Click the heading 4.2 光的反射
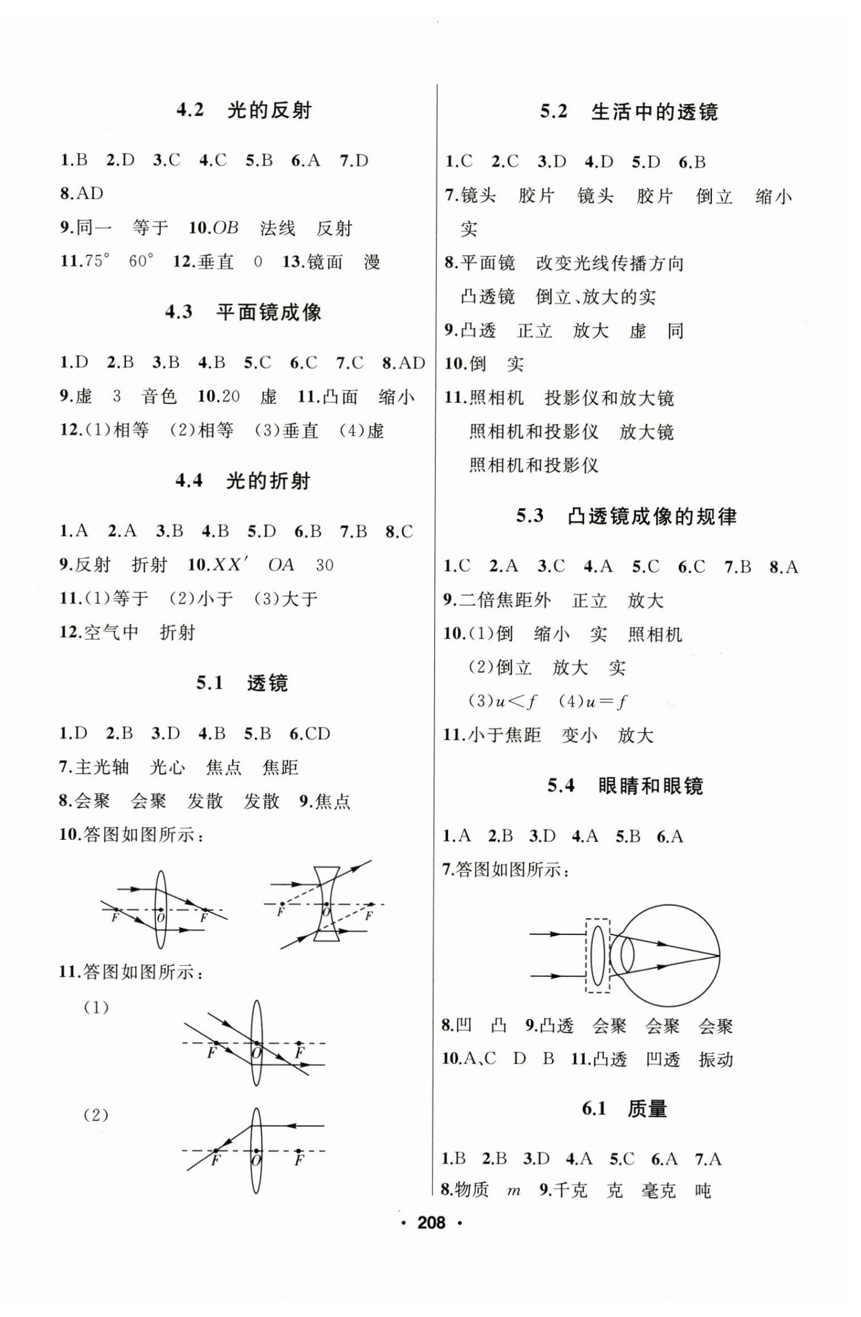[x=244, y=110]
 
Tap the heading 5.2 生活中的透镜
[x=628, y=112]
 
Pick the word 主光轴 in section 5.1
[x=102, y=767]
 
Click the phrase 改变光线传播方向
[x=610, y=264]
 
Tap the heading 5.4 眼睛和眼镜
[x=625, y=785]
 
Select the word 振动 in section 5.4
[x=715, y=1060]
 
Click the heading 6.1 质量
[x=624, y=1109]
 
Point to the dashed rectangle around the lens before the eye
[x=597, y=956]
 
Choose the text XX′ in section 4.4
[x=231, y=565]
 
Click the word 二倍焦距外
[x=504, y=600]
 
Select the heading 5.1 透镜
[x=242, y=683]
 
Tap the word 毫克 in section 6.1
[x=658, y=1191]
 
